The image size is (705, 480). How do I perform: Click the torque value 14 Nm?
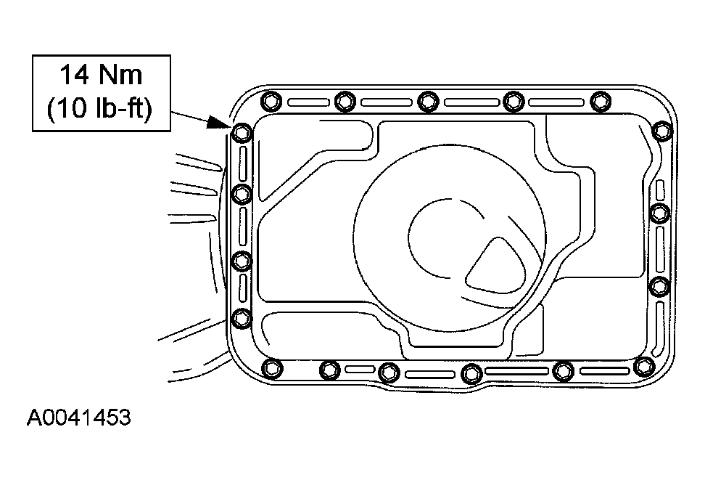click(101, 75)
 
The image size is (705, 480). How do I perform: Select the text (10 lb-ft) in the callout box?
click(100, 108)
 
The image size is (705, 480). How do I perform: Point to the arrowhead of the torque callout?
click(219, 123)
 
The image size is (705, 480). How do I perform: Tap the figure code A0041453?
click(78, 418)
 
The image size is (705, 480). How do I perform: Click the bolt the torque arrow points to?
click(242, 133)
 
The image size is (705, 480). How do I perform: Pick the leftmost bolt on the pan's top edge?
click(271, 101)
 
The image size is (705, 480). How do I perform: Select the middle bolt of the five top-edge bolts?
click(428, 101)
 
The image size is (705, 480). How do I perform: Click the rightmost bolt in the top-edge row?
click(600, 101)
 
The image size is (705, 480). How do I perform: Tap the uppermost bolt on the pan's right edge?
click(661, 131)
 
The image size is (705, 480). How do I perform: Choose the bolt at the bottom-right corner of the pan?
click(644, 367)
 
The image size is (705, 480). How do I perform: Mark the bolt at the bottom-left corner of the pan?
click(272, 368)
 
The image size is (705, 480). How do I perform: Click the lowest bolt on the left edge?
click(242, 319)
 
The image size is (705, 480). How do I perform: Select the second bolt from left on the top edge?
click(345, 101)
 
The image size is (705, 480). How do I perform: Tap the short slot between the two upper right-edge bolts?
click(660, 190)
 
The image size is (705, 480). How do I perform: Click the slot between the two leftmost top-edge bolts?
click(308, 102)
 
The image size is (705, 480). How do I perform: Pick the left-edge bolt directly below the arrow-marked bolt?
click(242, 194)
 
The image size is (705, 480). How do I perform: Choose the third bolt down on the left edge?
click(242, 261)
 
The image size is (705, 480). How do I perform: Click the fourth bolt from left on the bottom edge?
click(471, 373)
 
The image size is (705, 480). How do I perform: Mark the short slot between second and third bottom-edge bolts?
click(360, 370)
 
